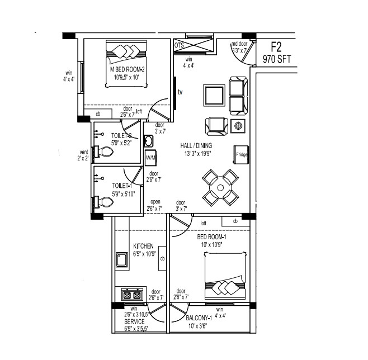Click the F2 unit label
point(275,47)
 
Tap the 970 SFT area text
point(275,59)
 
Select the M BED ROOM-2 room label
point(128,69)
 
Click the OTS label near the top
point(179,45)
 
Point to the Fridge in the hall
point(242,154)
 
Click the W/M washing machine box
point(150,158)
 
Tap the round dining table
point(220,187)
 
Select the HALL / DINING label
point(195,146)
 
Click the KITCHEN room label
point(143,246)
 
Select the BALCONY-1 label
point(199,318)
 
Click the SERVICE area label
point(134,323)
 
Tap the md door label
point(239,44)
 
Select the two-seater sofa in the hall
point(237,97)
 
